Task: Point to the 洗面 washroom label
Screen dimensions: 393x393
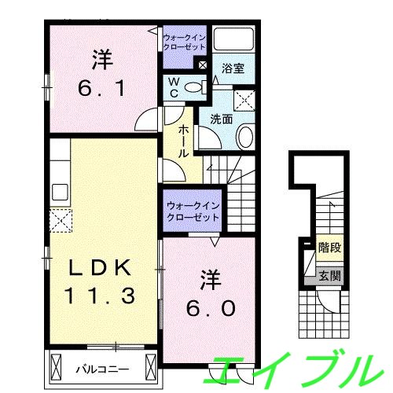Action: click(x=220, y=120)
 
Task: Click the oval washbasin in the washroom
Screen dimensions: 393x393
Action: click(x=244, y=138)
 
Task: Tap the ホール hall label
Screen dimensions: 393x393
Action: click(x=182, y=141)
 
